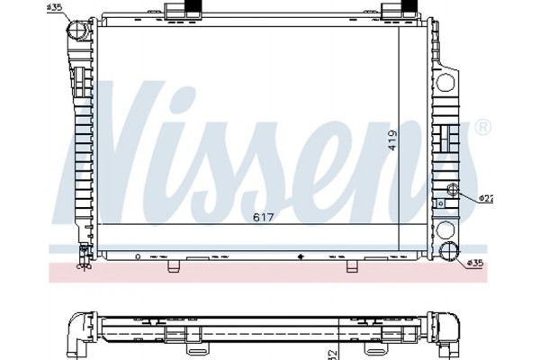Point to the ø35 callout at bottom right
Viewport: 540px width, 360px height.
(476, 264)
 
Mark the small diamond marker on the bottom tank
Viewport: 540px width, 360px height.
(300, 256)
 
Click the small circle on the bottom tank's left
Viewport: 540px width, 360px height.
(137, 256)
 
